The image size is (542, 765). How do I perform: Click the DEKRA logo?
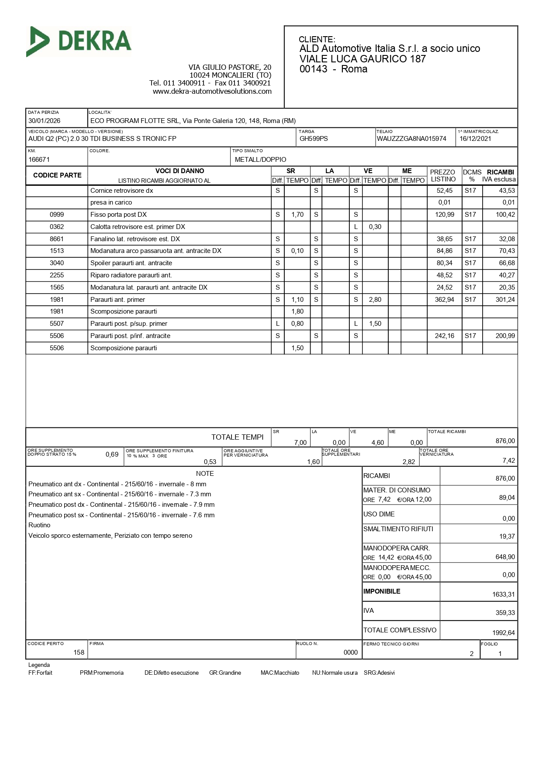pos(79,41)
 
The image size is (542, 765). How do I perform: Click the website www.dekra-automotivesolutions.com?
pos(212,92)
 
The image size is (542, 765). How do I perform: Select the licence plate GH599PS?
pos(314,139)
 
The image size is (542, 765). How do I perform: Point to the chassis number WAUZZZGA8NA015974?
pos(411,139)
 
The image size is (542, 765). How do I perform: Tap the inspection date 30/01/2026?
pos(45,121)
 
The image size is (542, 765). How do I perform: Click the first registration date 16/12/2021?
pos(475,139)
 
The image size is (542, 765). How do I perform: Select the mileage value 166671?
pos(39,160)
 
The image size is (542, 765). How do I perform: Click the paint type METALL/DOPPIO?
pos(260,160)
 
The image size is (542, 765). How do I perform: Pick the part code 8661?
pos(57,239)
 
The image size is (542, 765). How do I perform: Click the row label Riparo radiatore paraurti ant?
pos(131,275)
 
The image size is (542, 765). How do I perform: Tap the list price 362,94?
pos(445,300)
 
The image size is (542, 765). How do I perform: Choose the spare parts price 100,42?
pos(505,215)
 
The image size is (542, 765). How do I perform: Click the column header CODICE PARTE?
pos(57,175)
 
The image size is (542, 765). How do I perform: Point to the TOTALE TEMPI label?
pos(237,437)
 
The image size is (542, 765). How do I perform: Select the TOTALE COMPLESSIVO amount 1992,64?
pos(504,633)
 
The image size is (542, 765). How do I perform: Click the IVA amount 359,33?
pos(505,613)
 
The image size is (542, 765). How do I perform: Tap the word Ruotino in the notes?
pos(39,525)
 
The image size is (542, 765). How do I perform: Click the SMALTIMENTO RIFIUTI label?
pos(398,529)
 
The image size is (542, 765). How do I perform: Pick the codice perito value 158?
pos(79,652)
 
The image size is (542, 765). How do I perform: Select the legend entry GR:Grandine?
pos(225,673)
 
